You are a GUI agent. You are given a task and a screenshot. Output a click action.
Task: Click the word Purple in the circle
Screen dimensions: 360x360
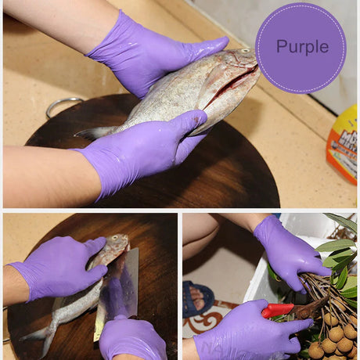click(x=302, y=47)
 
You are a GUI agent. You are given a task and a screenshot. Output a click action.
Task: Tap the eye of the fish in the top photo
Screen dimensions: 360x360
click(x=245, y=50)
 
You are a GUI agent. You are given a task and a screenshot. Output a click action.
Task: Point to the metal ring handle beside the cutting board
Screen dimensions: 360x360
click(x=62, y=105)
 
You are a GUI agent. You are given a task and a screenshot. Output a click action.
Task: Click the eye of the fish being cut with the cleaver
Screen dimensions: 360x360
click(x=115, y=238)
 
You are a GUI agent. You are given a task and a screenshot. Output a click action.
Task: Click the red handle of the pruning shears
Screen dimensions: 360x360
click(x=277, y=310)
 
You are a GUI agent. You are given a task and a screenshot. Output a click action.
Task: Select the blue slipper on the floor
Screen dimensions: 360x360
click(x=198, y=299)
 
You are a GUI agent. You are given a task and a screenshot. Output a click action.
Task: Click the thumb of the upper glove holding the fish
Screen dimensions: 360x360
click(x=209, y=45)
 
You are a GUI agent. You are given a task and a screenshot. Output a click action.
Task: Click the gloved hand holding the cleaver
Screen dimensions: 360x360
click(x=131, y=338)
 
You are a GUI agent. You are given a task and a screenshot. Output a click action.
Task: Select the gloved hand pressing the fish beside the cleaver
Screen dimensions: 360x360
click(x=60, y=268)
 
